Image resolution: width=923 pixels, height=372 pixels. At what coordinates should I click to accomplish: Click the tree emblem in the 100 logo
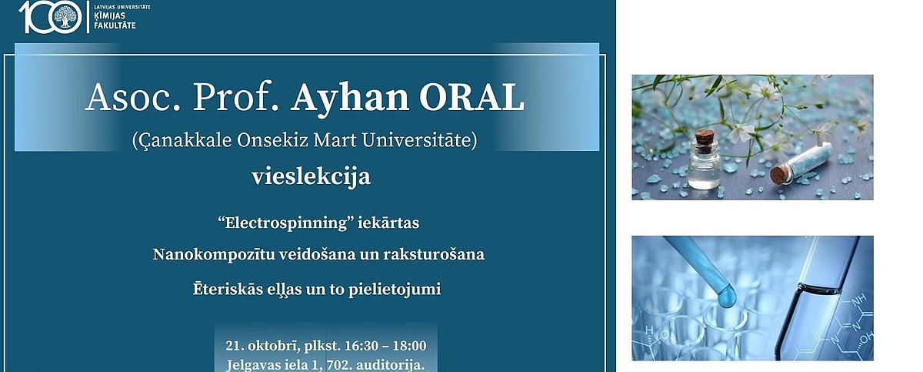[65, 18]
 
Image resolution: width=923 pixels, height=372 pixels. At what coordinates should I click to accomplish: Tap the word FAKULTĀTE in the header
[115, 25]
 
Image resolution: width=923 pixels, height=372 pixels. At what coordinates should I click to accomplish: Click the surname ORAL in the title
[471, 98]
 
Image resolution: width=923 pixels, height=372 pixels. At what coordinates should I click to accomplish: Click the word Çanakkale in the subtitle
[182, 141]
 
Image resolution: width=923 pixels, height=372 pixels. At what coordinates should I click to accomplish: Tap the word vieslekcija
[311, 177]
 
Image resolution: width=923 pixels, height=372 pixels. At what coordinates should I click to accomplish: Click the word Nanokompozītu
[214, 254]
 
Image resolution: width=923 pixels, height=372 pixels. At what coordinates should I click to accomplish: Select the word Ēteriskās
[227, 288]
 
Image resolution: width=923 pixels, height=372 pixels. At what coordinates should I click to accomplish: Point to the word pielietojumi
[395, 290]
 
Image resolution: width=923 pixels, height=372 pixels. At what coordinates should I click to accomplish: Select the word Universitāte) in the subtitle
[419, 140]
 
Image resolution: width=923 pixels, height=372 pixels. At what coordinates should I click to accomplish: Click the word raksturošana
[434, 254]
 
